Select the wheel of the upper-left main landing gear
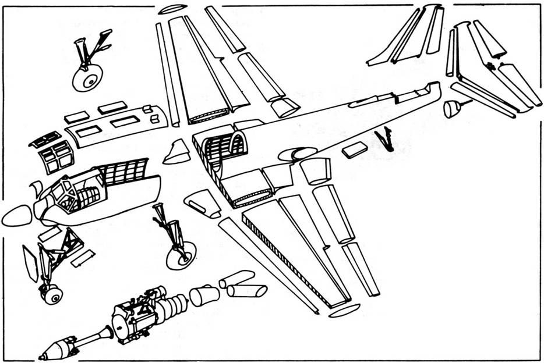pyautogui.click(x=87, y=77)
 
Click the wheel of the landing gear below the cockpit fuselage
pyautogui.click(x=181, y=255)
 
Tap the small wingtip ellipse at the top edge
pyautogui.click(x=172, y=9)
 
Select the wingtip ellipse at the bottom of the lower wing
pyautogui.click(x=344, y=311)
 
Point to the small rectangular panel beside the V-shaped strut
pyautogui.click(x=355, y=151)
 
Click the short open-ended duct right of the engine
pyautogui.click(x=204, y=296)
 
